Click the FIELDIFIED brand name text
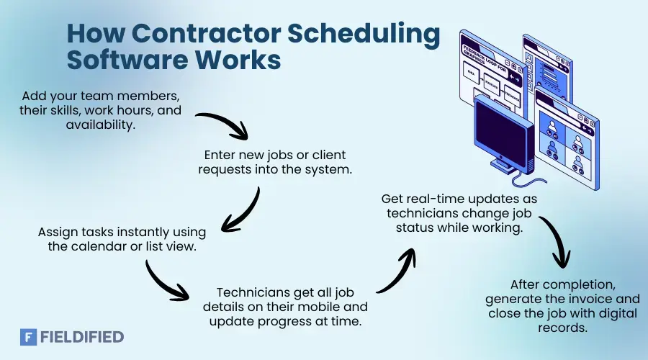pyautogui.click(x=82, y=336)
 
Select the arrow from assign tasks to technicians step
pyautogui.click(x=164, y=282)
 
